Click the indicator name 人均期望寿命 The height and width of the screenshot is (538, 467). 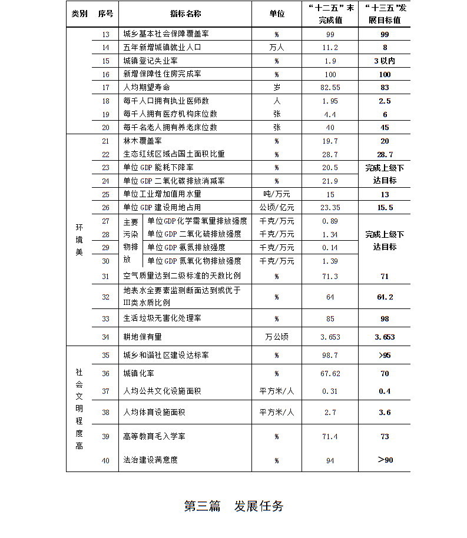pos(143,88)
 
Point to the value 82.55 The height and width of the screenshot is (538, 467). pos(330,88)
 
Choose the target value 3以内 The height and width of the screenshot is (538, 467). pos(384,61)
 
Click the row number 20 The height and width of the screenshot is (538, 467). pos(106,128)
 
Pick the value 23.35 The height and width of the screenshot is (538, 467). pos(330,208)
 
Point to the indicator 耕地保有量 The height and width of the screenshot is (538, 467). pos(143,337)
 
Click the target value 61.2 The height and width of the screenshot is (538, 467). pos(385,297)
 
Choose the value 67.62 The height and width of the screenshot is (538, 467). pos(330,374)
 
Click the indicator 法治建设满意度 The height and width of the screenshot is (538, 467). pos(150,460)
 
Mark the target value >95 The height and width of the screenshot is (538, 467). pos(385,356)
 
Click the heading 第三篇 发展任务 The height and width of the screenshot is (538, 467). pos(234,506)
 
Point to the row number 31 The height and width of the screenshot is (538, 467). pos(106,276)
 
